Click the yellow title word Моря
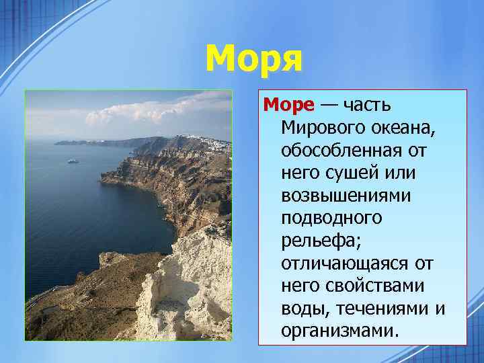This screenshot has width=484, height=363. pos(254,60)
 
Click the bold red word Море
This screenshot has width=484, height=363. pos(288,105)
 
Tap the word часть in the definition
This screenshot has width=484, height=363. pos(368,105)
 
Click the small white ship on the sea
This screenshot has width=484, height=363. pos(73,161)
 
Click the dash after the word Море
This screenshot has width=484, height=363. pos(330,106)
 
